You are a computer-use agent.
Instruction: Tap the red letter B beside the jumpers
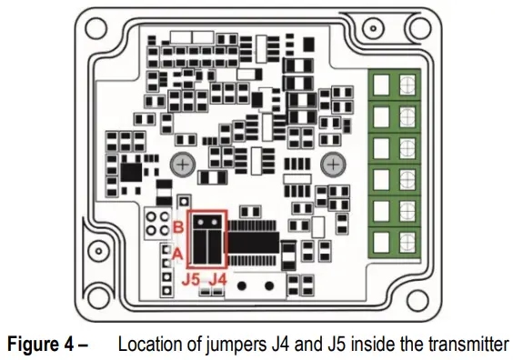[x=179, y=225]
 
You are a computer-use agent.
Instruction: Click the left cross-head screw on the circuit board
[x=183, y=164]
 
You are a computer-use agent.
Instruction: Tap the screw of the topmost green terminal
[x=406, y=85]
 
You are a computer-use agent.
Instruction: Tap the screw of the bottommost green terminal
[x=406, y=240]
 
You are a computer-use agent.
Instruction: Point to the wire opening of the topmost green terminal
[x=383, y=85]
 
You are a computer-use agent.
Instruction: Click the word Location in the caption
[x=147, y=345]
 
